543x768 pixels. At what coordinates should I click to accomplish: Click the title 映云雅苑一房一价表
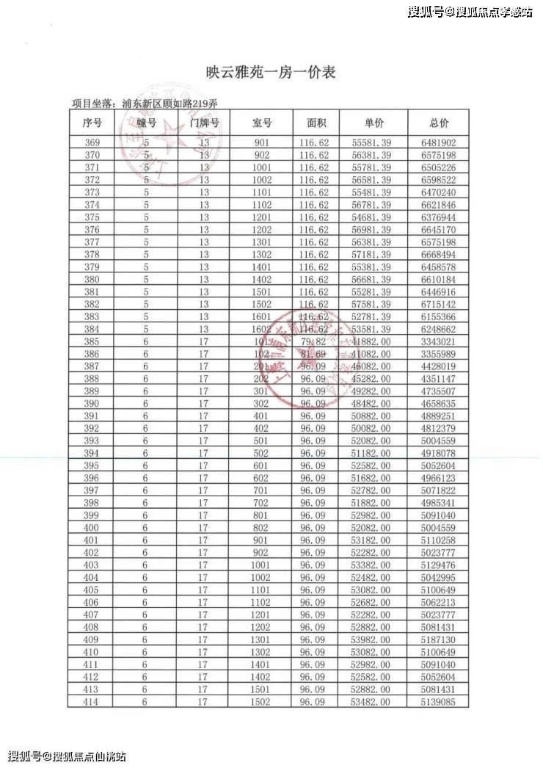(271, 72)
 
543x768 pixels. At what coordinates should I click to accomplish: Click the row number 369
(92, 143)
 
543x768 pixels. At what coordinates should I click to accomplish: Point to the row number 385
(92, 342)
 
